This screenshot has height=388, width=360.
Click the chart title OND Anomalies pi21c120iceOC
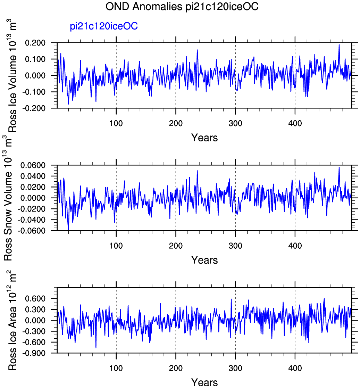click(182, 6)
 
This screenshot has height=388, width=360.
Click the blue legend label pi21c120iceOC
click(103, 26)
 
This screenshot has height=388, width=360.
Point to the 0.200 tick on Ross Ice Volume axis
click(35, 43)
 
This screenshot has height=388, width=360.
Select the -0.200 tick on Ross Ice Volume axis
click(34, 108)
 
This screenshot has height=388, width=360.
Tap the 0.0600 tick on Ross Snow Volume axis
click(33, 165)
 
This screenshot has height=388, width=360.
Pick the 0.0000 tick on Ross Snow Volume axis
click(33, 198)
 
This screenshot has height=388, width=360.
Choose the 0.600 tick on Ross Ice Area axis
click(35, 298)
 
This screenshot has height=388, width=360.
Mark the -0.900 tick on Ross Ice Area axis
click(34, 353)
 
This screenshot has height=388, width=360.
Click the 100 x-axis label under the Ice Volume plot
click(116, 123)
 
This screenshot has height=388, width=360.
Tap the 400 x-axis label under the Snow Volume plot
click(295, 246)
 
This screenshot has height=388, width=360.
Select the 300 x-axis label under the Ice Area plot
click(235, 368)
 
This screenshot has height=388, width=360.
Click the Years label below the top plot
click(204, 138)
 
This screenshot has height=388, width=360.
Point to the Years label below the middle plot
click(204, 260)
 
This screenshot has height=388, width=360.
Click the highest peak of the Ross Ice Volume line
click(339, 45)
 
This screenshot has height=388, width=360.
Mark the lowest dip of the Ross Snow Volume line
click(68, 230)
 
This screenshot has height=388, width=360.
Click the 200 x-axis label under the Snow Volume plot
click(176, 246)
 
